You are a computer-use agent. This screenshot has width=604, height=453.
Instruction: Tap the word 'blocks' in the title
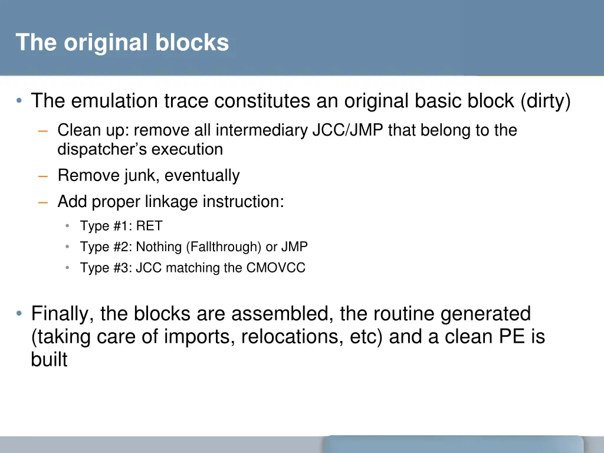coord(192,42)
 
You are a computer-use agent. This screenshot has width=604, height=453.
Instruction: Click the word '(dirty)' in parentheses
coord(545,101)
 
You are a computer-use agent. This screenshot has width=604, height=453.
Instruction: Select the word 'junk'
coord(140,176)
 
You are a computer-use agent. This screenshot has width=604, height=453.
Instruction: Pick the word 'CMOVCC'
coord(276,268)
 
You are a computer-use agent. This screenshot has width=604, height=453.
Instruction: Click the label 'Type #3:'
coord(106,268)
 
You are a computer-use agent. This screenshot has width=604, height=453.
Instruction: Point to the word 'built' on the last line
coord(49,360)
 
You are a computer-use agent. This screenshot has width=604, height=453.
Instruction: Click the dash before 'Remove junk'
coord(42,176)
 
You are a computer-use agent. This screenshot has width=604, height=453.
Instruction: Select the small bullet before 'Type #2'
coord(68,247)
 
